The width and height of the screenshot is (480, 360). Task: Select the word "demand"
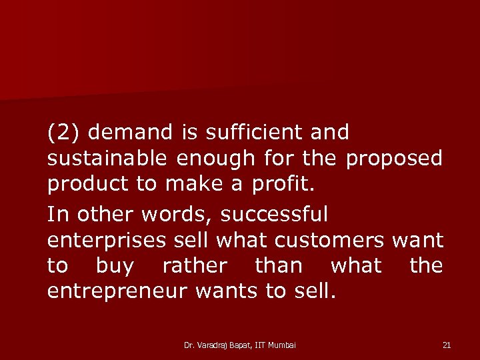click(131, 133)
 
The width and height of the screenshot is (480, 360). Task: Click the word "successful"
click(274, 214)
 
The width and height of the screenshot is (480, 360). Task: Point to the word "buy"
click(115, 267)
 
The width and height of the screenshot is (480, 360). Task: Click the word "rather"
click(195, 266)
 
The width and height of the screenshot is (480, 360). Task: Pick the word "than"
click(279, 266)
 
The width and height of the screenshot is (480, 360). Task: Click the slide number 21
click(447, 345)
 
